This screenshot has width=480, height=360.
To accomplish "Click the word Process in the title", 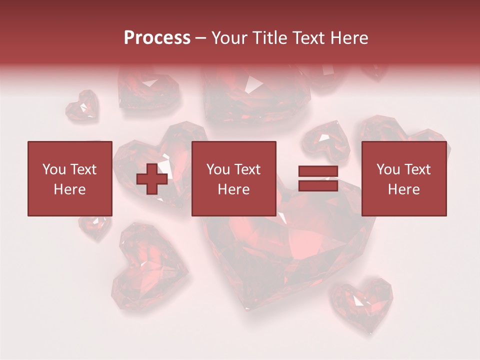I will pyautogui.click(x=157, y=38).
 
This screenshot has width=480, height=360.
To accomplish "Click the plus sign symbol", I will pyautogui.click(x=151, y=178).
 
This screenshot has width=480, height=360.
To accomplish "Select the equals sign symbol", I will pyautogui.click(x=318, y=178).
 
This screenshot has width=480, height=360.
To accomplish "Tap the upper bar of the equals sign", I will pyautogui.click(x=318, y=171).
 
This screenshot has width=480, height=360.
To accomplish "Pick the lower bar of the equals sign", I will pyautogui.click(x=318, y=185).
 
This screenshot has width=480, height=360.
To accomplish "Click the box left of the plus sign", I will pyautogui.click(x=69, y=178).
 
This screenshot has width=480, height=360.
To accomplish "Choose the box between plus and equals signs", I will pyautogui.click(x=233, y=178).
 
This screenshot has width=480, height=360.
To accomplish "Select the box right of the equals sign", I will pyautogui.click(x=403, y=178).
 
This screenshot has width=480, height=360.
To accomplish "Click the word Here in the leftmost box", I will pyautogui.click(x=69, y=189).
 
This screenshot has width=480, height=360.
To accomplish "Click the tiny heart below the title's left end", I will pyautogui.click(x=82, y=105).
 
